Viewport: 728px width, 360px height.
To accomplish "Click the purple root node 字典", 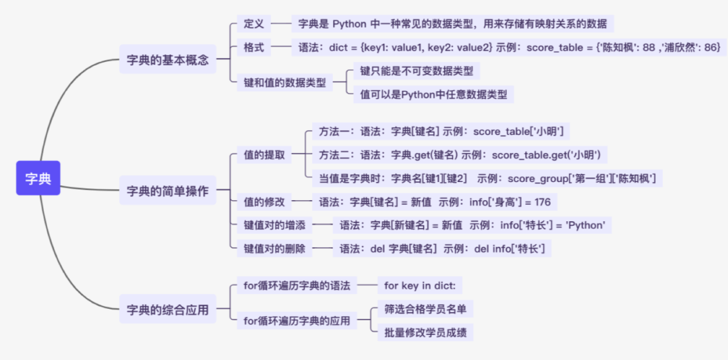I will click(x=38, y=179).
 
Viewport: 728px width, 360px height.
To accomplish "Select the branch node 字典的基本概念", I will click(x=168, y=60).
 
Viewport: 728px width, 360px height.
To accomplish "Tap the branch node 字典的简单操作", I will click(x=168, y=191).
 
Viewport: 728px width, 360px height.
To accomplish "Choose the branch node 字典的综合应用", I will click(x=168, y=311).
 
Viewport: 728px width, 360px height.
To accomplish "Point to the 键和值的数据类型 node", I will click(x=284, y=83).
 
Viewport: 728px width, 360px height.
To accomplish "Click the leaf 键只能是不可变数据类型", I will click(x=416, y=71).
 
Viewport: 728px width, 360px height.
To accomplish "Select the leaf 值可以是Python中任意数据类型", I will click(x=433, y=94).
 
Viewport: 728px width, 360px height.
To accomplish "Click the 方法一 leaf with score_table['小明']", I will click(x=441, y=131).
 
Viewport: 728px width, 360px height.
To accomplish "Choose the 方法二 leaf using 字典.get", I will click(x=459, y=155).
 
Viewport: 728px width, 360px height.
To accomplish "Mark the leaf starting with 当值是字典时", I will click(x=487, y=179).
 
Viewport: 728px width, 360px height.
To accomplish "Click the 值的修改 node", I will click(x=264, y=202).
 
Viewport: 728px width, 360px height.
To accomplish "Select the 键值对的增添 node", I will click(x=274, y=225).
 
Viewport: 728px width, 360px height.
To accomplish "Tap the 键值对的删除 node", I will click(x=274, y=249).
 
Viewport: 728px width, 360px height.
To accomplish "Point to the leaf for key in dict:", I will click(x=420, y=286).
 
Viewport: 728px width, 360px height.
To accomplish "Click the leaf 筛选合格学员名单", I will click(x=425, y=309).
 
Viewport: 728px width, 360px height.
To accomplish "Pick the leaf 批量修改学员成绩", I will click(x=425, y=332).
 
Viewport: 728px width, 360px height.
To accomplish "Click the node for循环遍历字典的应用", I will click(x=297, y=322).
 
